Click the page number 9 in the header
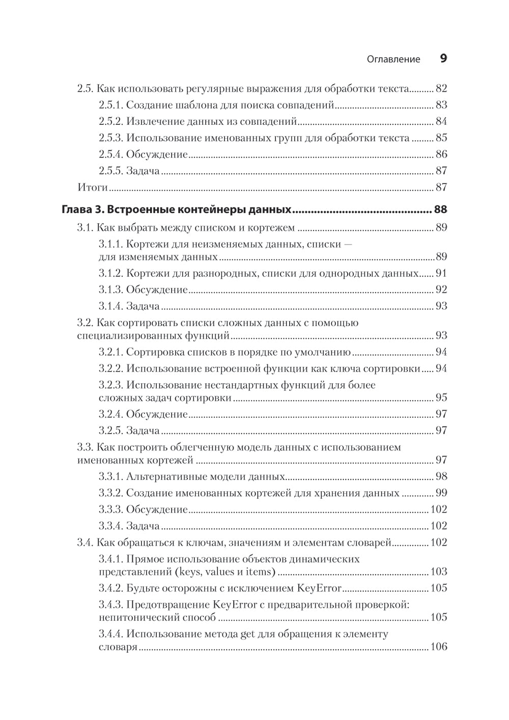tap(443, 59)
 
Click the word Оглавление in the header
tap(393, 59)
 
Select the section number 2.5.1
tap(110, 105)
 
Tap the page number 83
tap(441, 105)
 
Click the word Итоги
tap(92, 187)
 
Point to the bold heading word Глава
tap(76, 210)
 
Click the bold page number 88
tap(440, 210)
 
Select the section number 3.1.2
tap(110, 273)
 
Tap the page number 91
tap(441, 273)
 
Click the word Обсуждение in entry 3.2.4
tap(157, 414)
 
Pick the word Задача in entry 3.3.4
tap(143, 526)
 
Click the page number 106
tap(438, 647)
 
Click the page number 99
tap(441, 493)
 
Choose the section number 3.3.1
tap(110, 477)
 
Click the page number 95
tap(441, 398)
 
